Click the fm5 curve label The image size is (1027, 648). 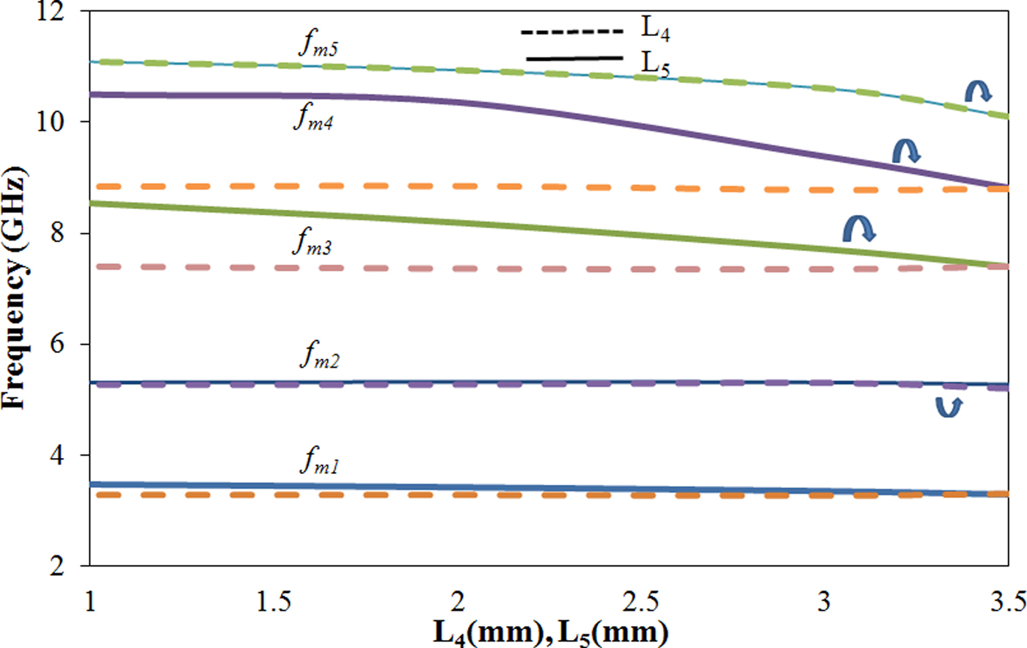pos(318,45)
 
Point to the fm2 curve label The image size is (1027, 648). pos(319,356)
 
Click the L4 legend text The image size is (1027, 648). pos(656,29)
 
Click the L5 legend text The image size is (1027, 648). pos(656,63)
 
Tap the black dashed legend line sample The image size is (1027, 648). pos(572,32)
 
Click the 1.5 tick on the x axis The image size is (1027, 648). pos(273,602)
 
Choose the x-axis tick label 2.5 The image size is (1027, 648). pos(640,602)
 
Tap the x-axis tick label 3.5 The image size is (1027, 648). pos(1007,602)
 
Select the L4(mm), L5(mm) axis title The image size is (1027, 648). pos(550,632)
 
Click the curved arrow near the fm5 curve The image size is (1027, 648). pos(978,90)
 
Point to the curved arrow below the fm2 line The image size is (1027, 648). pos(949,407)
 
